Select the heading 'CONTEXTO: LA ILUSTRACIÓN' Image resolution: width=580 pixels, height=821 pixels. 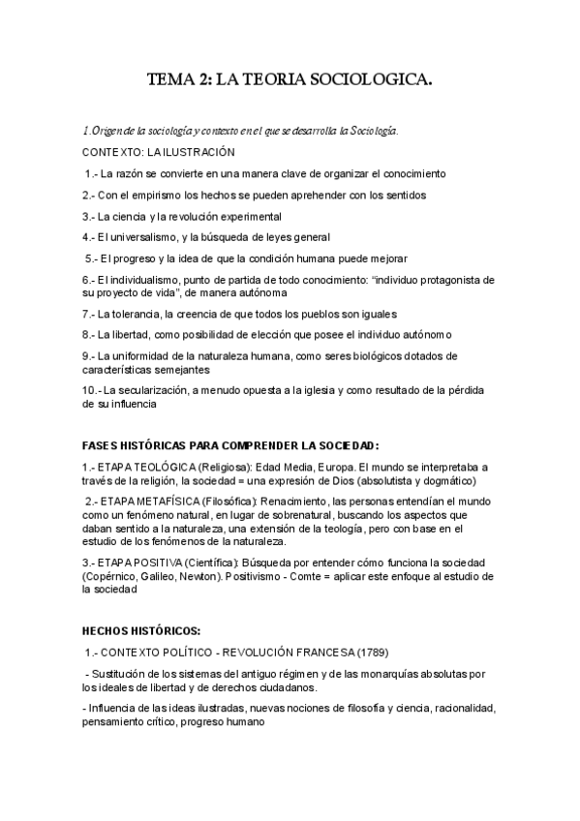[x=159, y=152]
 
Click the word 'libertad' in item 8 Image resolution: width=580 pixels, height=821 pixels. [x=136, y=334]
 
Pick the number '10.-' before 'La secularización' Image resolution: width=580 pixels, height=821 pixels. [x=92, y=390]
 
